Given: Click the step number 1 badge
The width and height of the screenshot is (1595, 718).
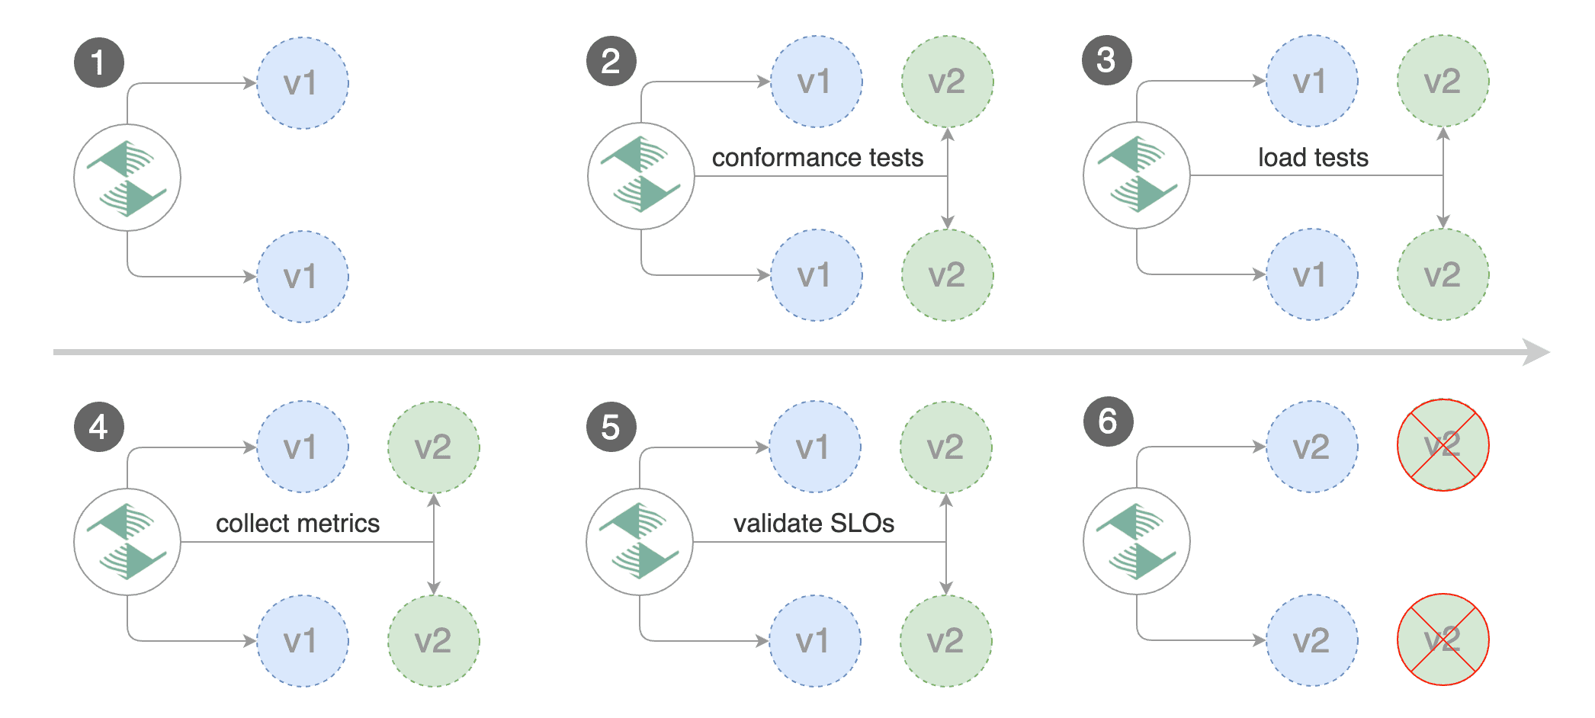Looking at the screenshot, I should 98,63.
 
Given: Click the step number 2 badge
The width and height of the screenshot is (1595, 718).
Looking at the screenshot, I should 611,61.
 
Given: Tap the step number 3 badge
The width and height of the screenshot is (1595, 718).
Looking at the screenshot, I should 1106,60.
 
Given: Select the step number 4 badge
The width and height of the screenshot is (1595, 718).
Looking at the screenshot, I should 98,427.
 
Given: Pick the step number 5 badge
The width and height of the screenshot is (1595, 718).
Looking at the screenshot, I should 611,427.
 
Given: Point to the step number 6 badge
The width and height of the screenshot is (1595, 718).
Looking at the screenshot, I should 1108,421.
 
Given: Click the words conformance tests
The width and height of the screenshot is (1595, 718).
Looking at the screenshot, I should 817,158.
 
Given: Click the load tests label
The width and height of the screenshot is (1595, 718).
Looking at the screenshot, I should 1313,158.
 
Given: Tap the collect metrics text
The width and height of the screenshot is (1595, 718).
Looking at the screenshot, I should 297,524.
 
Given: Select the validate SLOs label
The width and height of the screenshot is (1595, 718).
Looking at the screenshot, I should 814,524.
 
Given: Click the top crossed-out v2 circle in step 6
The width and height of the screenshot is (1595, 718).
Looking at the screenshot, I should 1443,445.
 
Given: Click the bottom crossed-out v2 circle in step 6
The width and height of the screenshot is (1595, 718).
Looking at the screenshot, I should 1443,639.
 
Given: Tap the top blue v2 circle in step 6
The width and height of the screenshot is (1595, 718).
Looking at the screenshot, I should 1311,447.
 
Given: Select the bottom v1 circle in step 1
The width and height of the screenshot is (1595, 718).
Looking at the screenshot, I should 302,277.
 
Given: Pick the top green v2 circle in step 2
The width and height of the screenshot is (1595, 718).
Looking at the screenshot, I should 947,82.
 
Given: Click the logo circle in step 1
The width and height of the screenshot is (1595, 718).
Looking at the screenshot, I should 127,178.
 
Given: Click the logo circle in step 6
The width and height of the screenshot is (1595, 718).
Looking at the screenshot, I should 1136,541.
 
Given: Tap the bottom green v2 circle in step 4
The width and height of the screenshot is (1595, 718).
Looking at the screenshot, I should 433,641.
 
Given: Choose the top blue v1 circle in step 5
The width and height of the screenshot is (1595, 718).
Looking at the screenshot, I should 814,447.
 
